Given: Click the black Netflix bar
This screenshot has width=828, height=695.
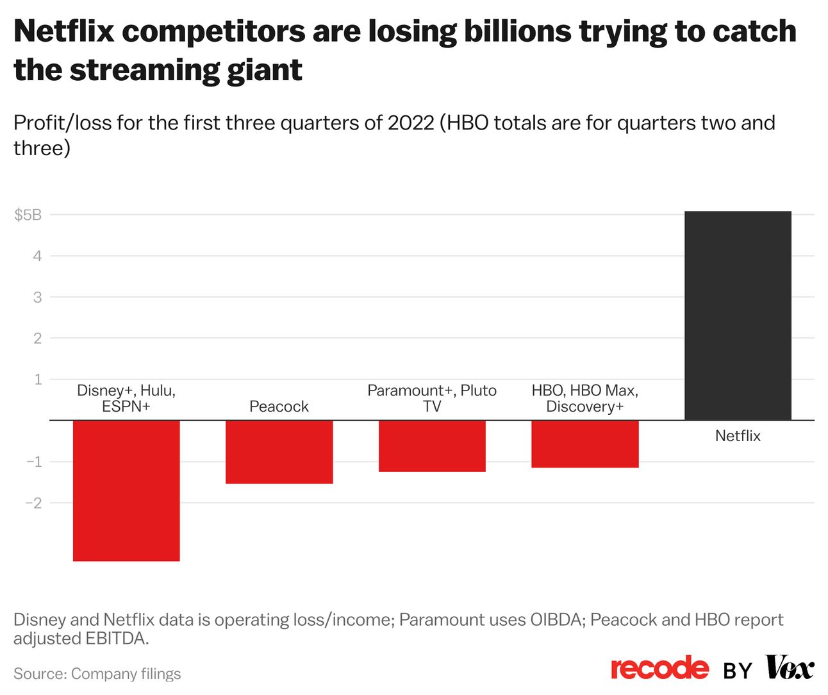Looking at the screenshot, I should click(738, 315).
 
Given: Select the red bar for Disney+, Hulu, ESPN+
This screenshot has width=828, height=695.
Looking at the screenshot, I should click(126, 490).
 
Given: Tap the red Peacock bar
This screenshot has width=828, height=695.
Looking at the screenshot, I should click(279, 451).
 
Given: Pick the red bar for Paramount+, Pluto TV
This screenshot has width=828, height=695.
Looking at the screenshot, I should click(432, 446).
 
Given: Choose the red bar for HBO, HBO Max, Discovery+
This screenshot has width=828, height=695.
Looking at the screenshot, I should click(585, 444).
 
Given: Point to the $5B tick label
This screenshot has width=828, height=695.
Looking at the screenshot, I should click(28, 215).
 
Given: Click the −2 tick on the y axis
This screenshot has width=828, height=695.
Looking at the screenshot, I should click(33, 503).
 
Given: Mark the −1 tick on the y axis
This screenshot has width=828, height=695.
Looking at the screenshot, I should click(33, 462).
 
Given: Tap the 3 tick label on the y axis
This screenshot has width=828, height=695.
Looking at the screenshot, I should click(37, 297).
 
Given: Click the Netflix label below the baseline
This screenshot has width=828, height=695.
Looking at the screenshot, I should click(738, 436).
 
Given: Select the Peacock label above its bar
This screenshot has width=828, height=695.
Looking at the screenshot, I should click(279, 406).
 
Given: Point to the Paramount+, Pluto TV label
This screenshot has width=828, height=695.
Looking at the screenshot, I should click(432, 398).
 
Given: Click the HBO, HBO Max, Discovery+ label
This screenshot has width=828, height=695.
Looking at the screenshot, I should click(585, 398).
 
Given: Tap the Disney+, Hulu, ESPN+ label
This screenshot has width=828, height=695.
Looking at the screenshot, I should click(126, 398).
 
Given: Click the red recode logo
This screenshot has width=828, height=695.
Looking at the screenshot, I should click(660, 668).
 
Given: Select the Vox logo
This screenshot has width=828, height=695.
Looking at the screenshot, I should click(790, 668).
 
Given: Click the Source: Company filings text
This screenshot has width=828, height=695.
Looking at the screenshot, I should click(97, 674).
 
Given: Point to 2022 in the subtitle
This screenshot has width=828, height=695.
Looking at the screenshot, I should click(411, 122).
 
